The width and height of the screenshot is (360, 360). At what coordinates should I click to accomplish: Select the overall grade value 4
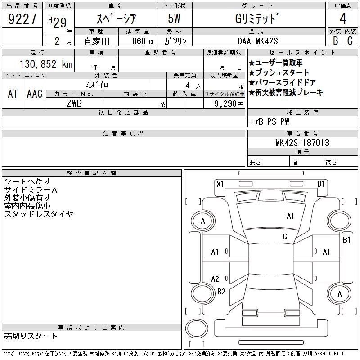[342, 18]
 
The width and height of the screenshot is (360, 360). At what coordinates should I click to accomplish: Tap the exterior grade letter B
[335, 40]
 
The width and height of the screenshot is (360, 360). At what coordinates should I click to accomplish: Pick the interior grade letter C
[350, 40]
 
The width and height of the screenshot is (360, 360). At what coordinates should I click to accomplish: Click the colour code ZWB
[74, 103]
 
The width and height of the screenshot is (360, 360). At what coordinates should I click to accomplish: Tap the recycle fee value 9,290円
[229, 103]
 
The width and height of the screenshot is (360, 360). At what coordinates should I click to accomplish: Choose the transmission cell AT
[13, 94]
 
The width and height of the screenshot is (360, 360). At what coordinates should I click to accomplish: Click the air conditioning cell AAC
[34, 94]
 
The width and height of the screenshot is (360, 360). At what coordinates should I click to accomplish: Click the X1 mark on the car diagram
[220, 184]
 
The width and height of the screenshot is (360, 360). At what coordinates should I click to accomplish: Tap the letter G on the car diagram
[285, 237]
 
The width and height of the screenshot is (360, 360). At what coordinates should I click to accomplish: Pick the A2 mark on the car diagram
[215, 279]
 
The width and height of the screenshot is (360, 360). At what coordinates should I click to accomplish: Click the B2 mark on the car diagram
[221, 291]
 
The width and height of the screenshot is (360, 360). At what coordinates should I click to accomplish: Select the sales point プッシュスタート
[282, 73]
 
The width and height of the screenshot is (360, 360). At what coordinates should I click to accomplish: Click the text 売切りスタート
[31, 336]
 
